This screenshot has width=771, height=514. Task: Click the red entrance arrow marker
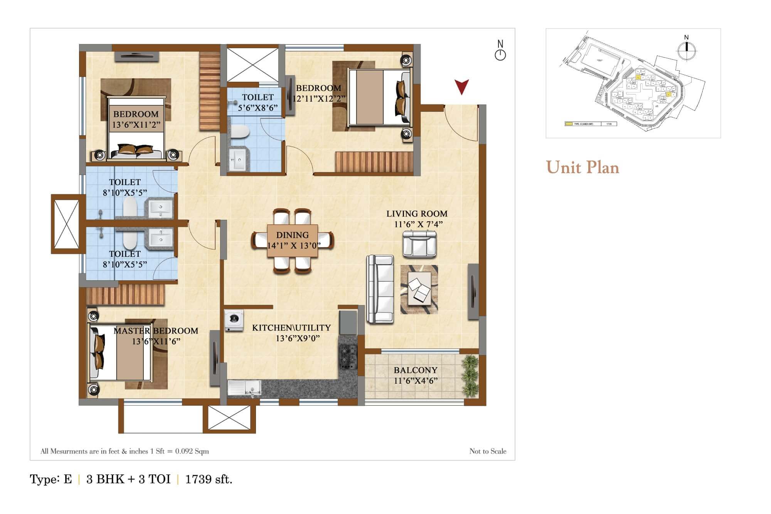point(461,87)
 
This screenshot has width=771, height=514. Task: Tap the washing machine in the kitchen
point(234,320)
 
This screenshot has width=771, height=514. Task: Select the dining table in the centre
point(293,241)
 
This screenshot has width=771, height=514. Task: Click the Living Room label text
point(417,214)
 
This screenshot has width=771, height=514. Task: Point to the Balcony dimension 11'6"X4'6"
point(416,381)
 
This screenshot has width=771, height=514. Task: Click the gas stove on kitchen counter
point(347,357)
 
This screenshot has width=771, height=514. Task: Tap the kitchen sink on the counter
point(244,388)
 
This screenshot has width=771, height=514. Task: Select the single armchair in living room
point(419,244)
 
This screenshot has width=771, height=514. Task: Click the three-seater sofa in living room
point(380,288)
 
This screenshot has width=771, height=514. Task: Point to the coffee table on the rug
point(419,289)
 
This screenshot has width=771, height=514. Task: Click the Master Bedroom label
point(156,331)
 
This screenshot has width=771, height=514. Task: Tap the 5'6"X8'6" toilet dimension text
point(258,108)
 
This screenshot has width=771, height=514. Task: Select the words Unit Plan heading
point(582,167)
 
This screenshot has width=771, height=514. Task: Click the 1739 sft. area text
point(209,479)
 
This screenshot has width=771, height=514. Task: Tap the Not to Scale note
point(488,451)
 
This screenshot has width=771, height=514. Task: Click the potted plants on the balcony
point(470,376)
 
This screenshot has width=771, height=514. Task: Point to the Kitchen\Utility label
point(291,328)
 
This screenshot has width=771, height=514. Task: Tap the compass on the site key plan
point(686,49)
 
